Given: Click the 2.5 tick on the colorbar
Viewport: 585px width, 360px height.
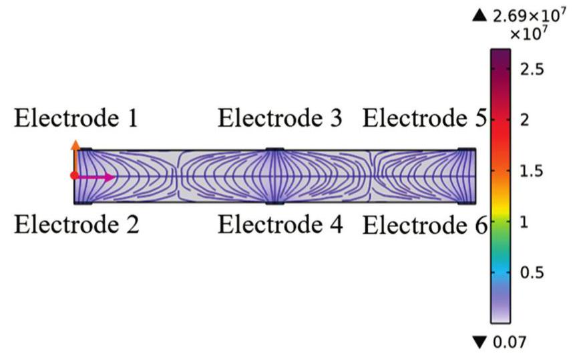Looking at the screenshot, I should (532, 69).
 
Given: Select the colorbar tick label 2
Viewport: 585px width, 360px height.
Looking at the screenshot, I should (524, 120).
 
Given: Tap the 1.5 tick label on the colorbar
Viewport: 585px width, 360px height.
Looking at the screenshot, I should (532, 171).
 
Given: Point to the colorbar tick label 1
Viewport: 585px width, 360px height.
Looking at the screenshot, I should (524, 222).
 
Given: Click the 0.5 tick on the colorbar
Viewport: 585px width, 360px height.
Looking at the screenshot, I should (532, 273).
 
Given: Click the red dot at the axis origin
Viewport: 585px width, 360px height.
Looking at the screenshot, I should (74, 176).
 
